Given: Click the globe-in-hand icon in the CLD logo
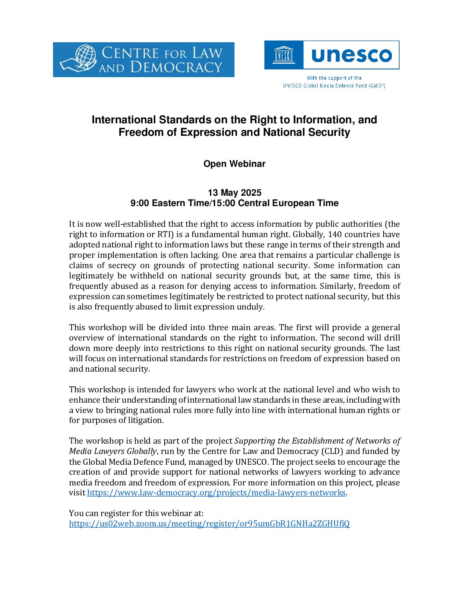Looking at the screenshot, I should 79,58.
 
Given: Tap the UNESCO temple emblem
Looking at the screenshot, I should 284,55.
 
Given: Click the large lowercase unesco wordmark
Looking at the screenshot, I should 351,55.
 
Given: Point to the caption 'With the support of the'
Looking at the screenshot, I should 334,78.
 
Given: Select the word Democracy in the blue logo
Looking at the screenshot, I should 176,67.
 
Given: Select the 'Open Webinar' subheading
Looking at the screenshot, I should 234,164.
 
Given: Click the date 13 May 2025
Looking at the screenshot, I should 234,193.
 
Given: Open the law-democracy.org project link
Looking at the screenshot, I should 216,493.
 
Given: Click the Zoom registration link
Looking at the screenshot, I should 209,524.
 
